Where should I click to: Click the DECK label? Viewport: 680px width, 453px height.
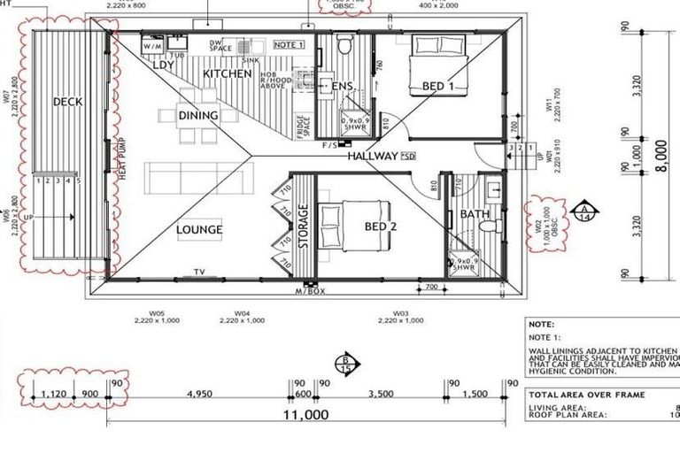[x=67, y=102]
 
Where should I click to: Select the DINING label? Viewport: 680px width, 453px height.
[x=198, y=115]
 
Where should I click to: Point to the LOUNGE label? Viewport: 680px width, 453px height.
[x=199, y=230]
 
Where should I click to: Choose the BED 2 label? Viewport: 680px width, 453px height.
[x=380, y=226]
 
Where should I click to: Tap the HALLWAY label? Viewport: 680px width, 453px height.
[x=372, y=157]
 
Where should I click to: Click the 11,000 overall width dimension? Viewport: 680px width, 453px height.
[x=306, y=414]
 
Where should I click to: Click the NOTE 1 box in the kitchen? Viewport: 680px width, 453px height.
[x=289, y=43]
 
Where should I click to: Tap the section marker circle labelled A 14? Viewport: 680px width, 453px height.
[x=584, y=213]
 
